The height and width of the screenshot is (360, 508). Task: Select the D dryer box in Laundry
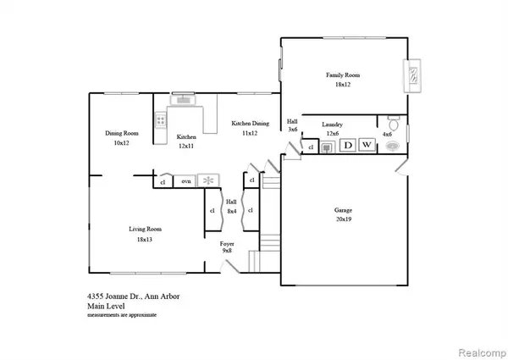click(x=347, y=146)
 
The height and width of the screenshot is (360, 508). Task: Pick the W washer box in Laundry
click(x=367, y=146)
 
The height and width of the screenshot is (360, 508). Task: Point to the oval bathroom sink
click(x=392, y=146)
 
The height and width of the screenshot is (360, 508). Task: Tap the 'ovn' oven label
click(x=184, y=181)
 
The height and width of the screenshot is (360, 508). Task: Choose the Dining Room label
click(x=122, y=133)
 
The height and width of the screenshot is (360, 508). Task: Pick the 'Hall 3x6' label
click(x=292, y=125)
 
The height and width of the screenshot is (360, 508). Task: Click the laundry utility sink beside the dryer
click(x=327, y=146)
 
